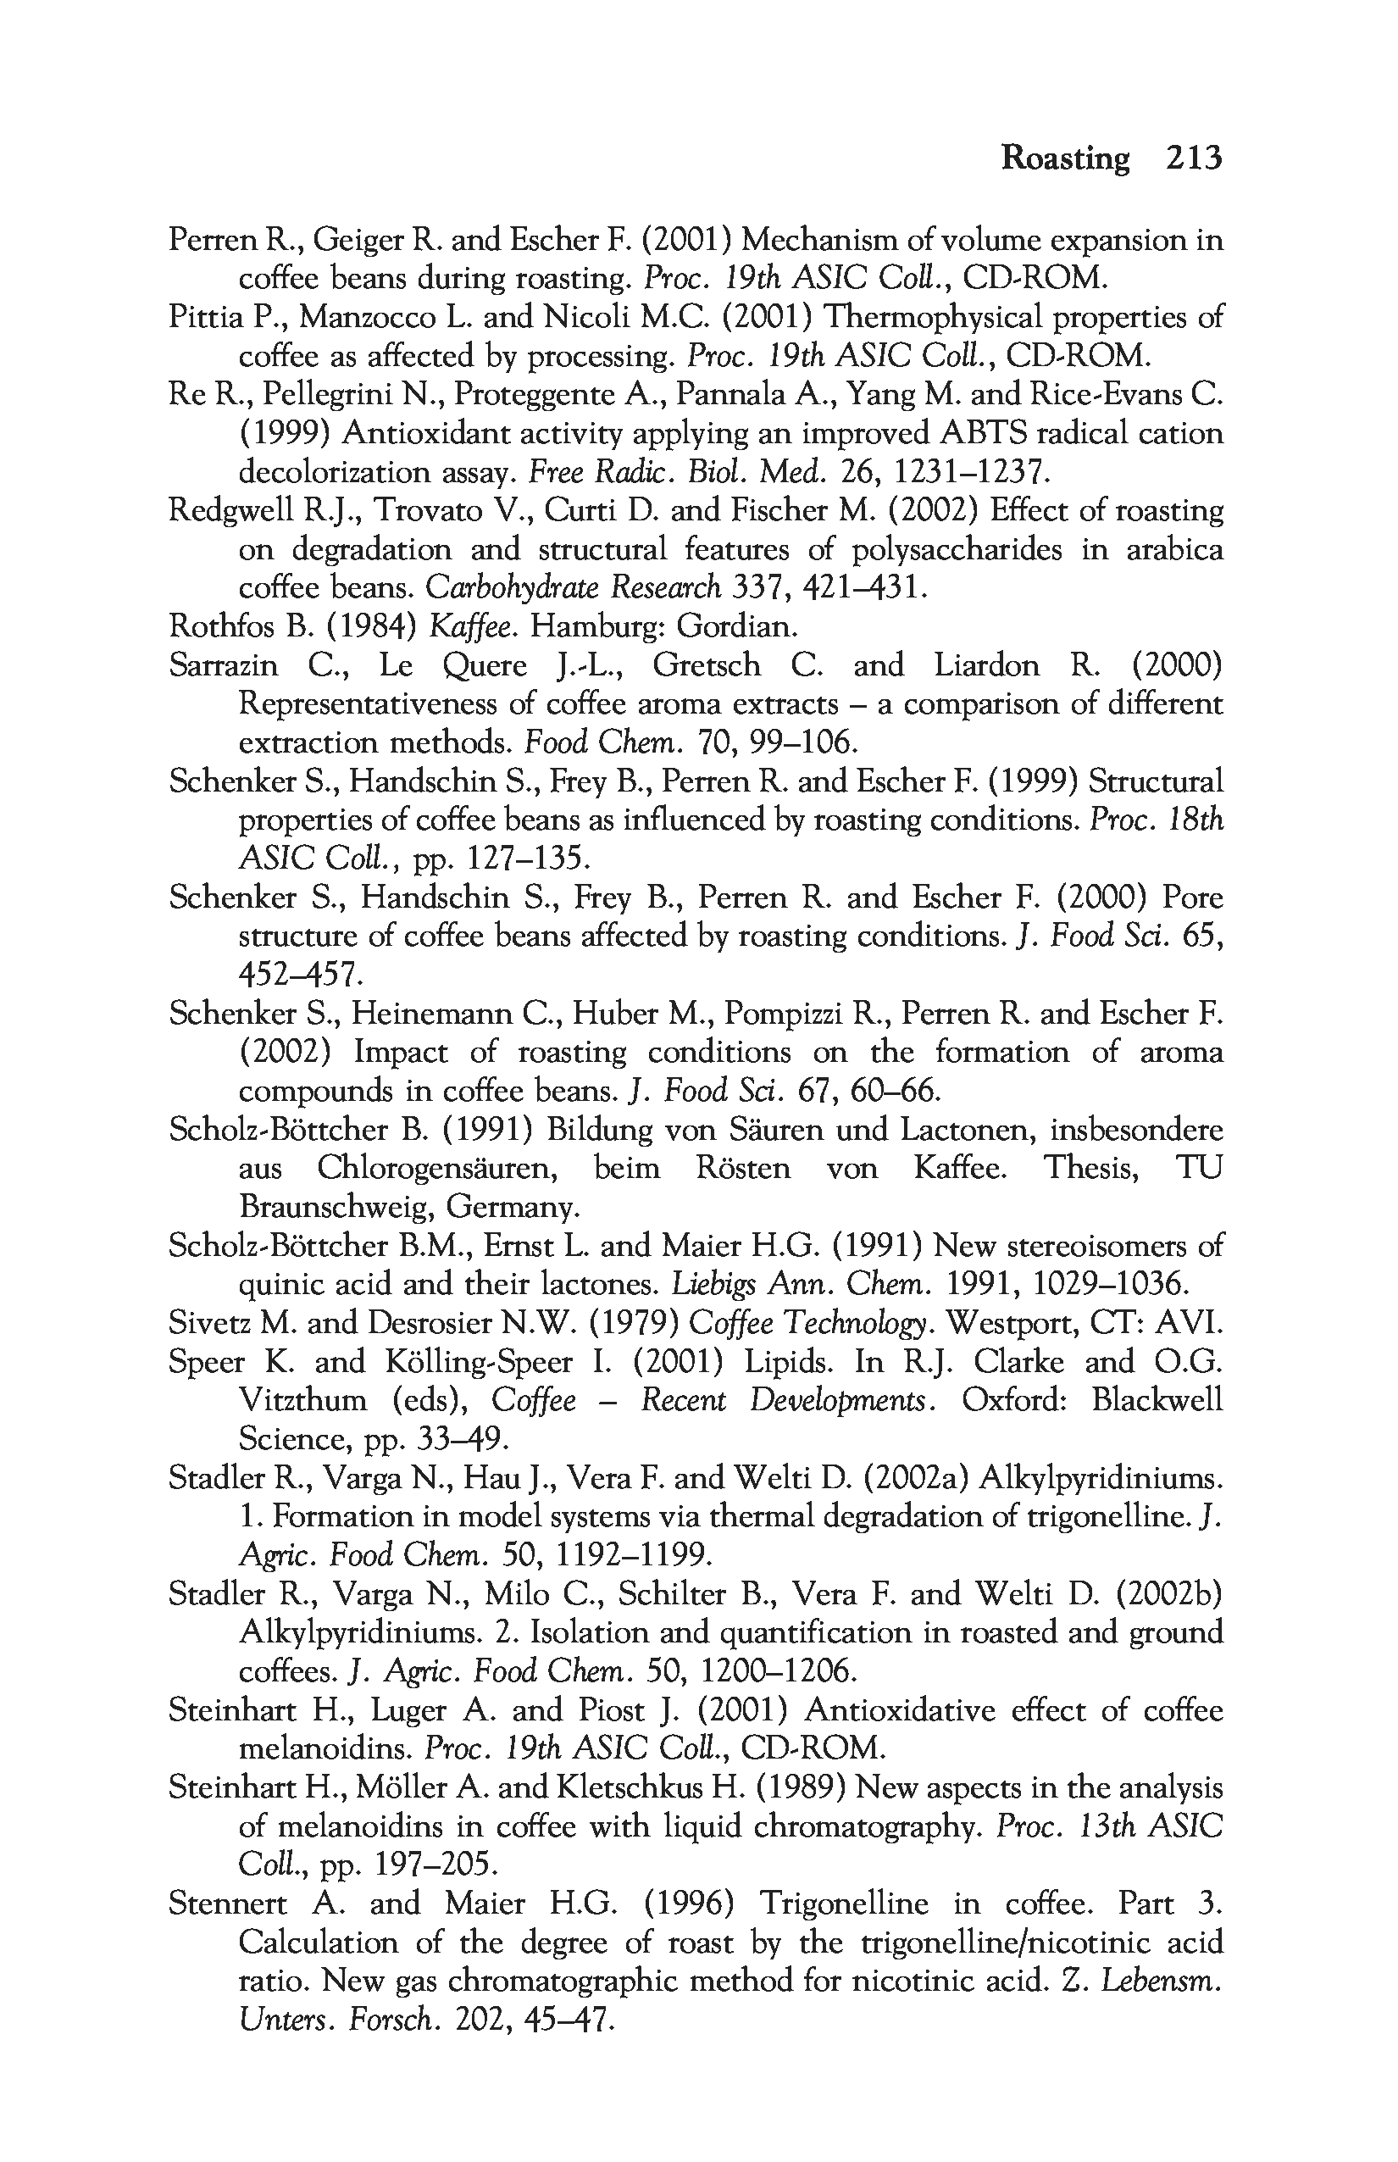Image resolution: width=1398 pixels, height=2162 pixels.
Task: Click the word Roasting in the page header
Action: (x=1065, y=158)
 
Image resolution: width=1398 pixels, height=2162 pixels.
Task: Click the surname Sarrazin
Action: (x=224, y=665)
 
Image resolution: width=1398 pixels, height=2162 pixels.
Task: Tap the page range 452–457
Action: (x=300, y=975)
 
